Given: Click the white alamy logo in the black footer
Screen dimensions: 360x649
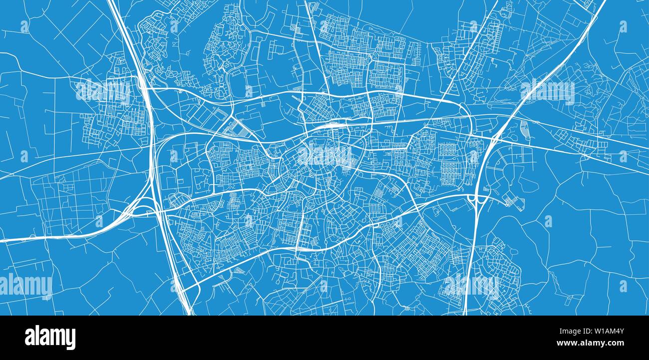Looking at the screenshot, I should (50, 338).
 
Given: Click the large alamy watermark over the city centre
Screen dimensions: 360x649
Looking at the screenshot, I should (324, 156).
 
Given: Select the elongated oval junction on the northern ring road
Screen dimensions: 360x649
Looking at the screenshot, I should (462, 110).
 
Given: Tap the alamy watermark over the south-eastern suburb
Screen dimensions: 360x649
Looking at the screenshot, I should (471, 286).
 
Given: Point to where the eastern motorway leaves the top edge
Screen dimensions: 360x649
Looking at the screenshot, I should (603, 2).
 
